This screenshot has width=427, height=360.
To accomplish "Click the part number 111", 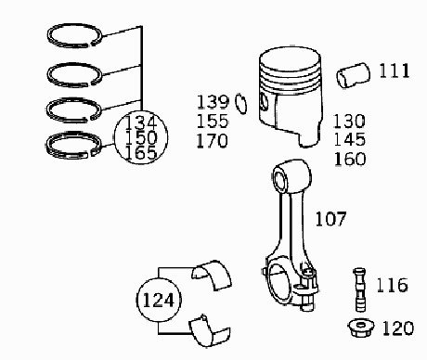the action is pyautogui.click(x=395, y=71).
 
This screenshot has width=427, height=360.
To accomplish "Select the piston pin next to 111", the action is pyautogui.click(x=353, y=75).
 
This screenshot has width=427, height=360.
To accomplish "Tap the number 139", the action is pyautogui.click(x=213, y=102).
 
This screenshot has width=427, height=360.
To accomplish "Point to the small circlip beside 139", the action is pyautogui.click(x=241, y=104).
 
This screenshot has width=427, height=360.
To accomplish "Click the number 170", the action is pyautogui.click(x=213, y=140).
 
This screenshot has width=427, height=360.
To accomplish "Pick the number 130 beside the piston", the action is pyautogui.click(x=349, y=121).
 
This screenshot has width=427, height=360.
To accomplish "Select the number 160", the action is pyautogui.click(x=350, y=159).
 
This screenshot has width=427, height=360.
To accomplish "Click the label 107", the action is pyautogui.click(x=330, y=219).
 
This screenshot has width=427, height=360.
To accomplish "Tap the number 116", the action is pyautogui.click(x=392, y=285).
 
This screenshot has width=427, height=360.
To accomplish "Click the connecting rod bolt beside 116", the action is pyautogui.click(x=359, y=289).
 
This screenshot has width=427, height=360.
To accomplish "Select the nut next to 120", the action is pyautogui.click(x=361, y=328).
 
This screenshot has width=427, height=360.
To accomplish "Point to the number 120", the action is pyautogui.click(x=398, y=328).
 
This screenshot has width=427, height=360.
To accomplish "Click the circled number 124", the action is pyautogui.click(x=159, y=300).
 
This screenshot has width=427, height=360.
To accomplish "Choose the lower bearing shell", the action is pyautogui.click(x=210, y=331).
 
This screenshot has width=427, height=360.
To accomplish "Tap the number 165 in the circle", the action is pyautogui.click(x=141, y=153).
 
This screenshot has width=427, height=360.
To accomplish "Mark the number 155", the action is pyautogui.click(x=213, y=121).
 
